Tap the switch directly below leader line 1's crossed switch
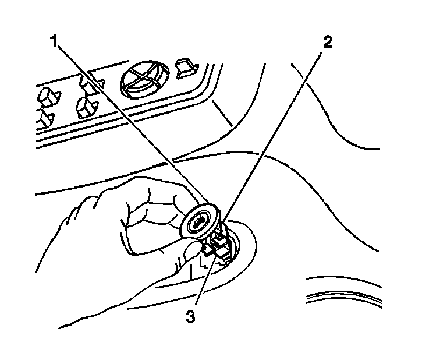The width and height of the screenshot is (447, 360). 87,107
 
